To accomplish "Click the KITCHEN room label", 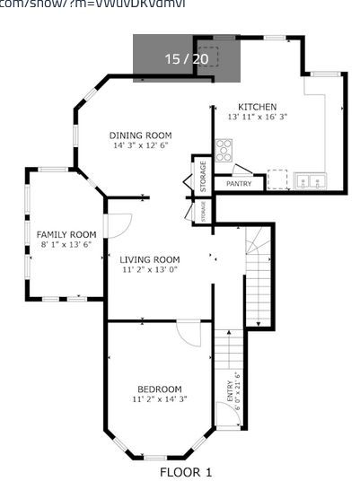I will pyautogui.click(x=257, y=107).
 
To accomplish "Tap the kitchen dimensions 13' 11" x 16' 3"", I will pyautogui.click(x=257, y=117).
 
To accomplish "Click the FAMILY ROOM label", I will pyautogui.click(x=66, y=234).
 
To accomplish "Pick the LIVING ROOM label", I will pyautogui.click(x=150, y=259).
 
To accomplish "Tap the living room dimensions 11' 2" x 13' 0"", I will pyautogui.click(x=150, y=269).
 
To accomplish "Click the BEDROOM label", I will pyautogui.click(x=159, y=389).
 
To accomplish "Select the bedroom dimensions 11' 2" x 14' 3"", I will pyautogui.click(x=159, y=398).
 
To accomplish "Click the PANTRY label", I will pyautogui.click(x=239, y=184).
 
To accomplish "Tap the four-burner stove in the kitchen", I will pyautogui.click(x=224, y=150).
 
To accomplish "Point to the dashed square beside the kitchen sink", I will pyautogui.click(x=278, y=179).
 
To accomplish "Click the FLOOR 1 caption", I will pyautogui.click(x=186, y=471).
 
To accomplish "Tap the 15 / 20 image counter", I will pyautogui.click(x=186, y=58).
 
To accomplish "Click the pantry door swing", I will pyautogui.click(x=241, y=170).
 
